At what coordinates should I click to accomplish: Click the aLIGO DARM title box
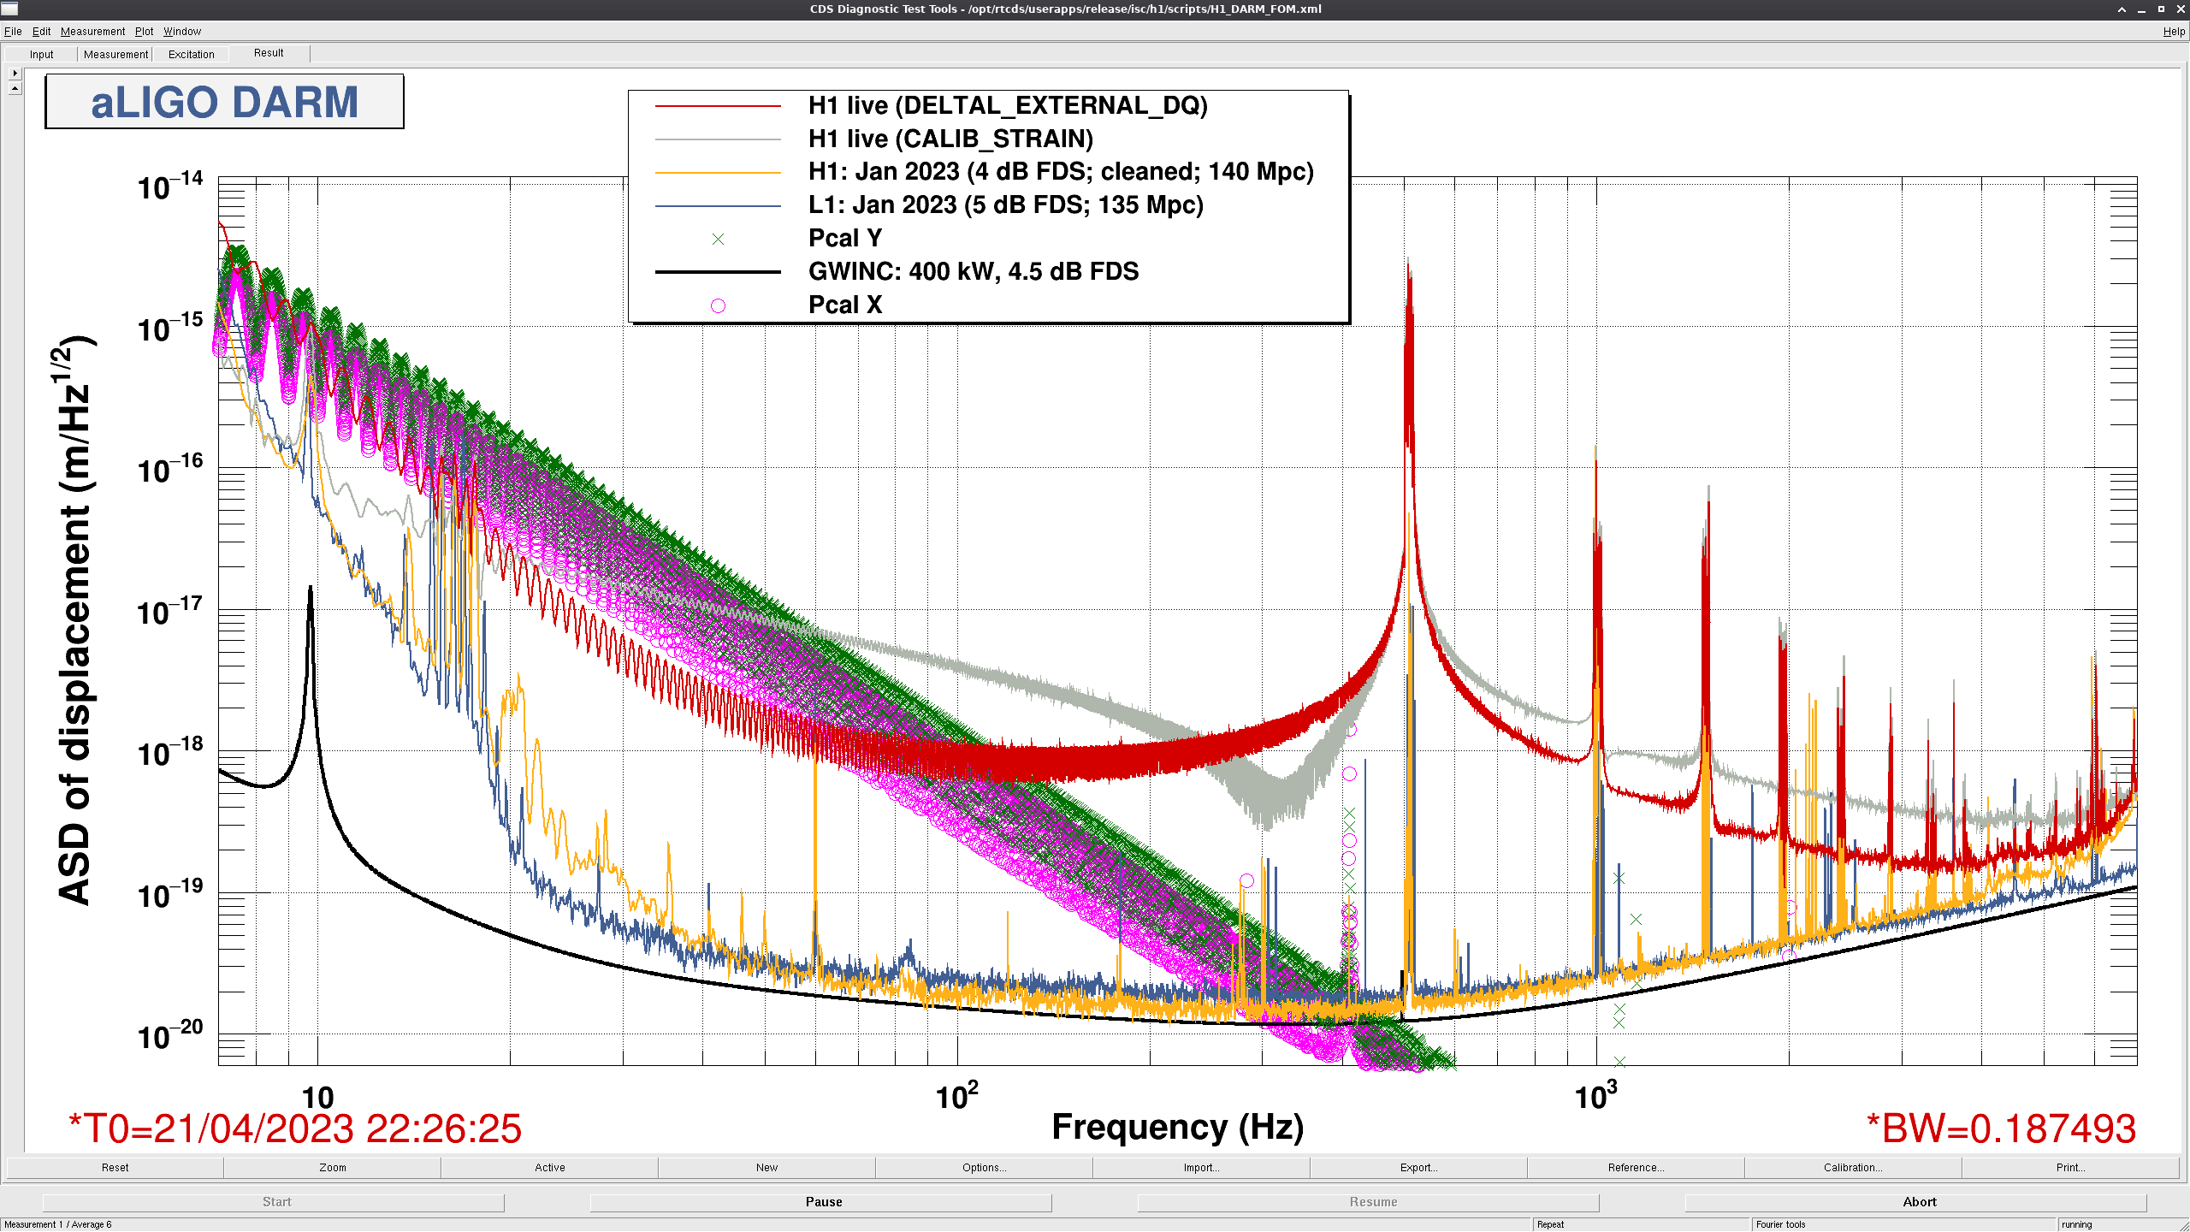pos(224,102)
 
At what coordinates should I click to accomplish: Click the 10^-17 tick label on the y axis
pos(170,611)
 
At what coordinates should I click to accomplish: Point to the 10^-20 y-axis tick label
pos(170,1034)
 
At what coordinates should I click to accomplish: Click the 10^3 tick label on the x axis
pos(1595,1095)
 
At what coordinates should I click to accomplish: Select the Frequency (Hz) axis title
pos(1177,1127)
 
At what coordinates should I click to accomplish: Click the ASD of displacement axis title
pos(75,620)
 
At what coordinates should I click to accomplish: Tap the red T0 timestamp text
pos(295,1128)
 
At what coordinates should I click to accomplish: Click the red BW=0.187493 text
pos(2002,1128)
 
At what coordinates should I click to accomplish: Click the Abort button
pos(1919,1202)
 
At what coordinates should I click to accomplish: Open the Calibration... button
pos(1853,1167)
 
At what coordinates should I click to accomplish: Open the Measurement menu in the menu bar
pos(92,32)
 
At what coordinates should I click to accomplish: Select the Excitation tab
pos(192,54)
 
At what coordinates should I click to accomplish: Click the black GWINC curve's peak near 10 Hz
pos(310,587)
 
